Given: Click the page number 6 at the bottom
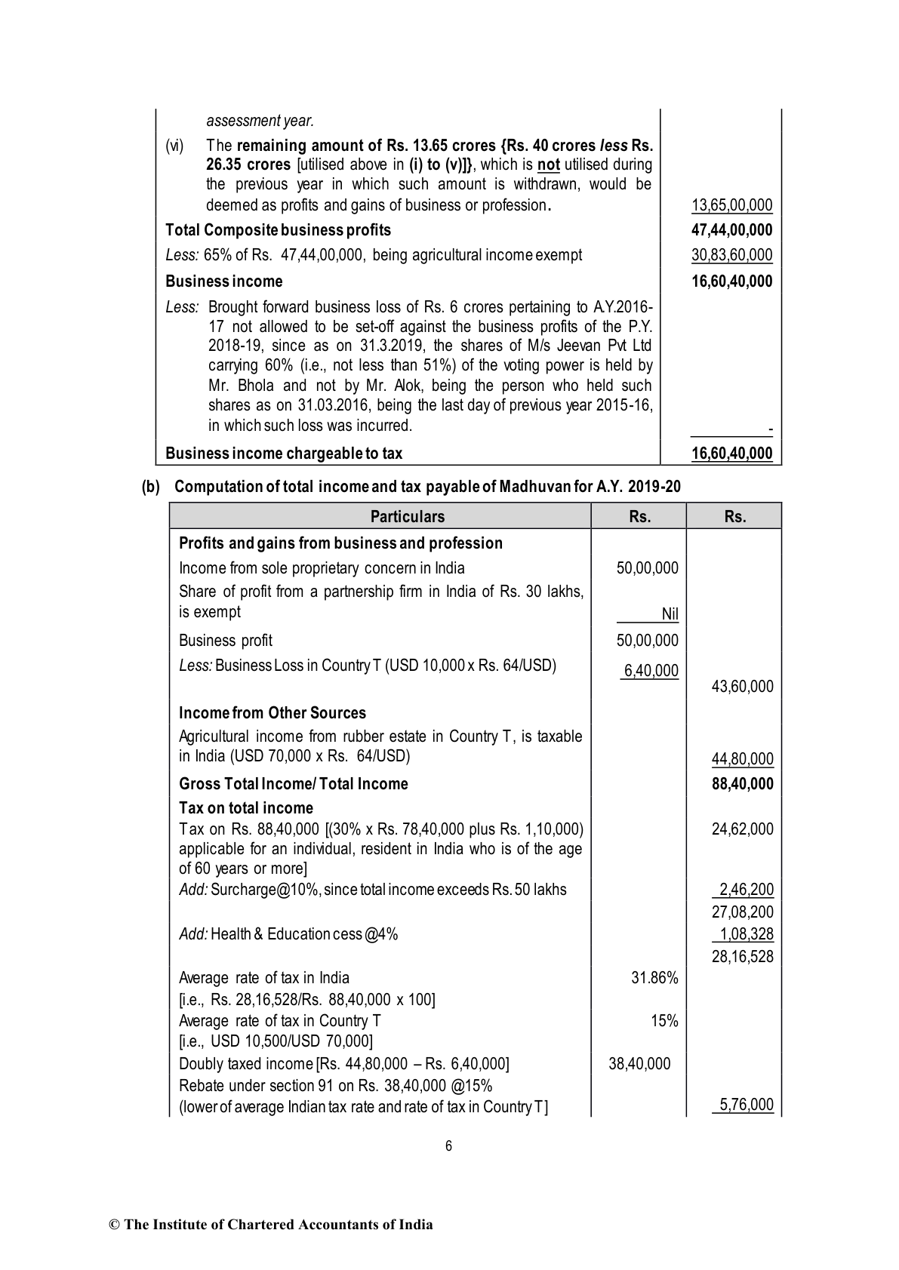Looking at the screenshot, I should point(448,1146).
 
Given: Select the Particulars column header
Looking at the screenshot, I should point(407,517).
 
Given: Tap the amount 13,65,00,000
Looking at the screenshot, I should point(731,205).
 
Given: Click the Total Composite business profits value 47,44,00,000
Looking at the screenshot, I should point(731,230).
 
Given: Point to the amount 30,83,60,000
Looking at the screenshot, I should point(731,255).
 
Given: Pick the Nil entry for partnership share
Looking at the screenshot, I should point(670,614).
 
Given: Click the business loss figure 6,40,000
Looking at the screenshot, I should point(650,671).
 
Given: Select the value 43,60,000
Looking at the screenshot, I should point(742,687).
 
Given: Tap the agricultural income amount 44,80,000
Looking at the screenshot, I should point(742,759).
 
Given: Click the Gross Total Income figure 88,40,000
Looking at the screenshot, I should point(742,784).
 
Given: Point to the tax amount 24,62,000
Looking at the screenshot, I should point(742,829).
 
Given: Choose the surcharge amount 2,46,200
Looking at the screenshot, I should point(746,890).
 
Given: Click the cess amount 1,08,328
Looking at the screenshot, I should point(746,934).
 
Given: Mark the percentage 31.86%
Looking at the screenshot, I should point(654,978).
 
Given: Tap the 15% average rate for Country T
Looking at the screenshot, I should point(664,1021).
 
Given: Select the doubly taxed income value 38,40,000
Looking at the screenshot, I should point(639,1064).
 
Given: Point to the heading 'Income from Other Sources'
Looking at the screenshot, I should point(272,713).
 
